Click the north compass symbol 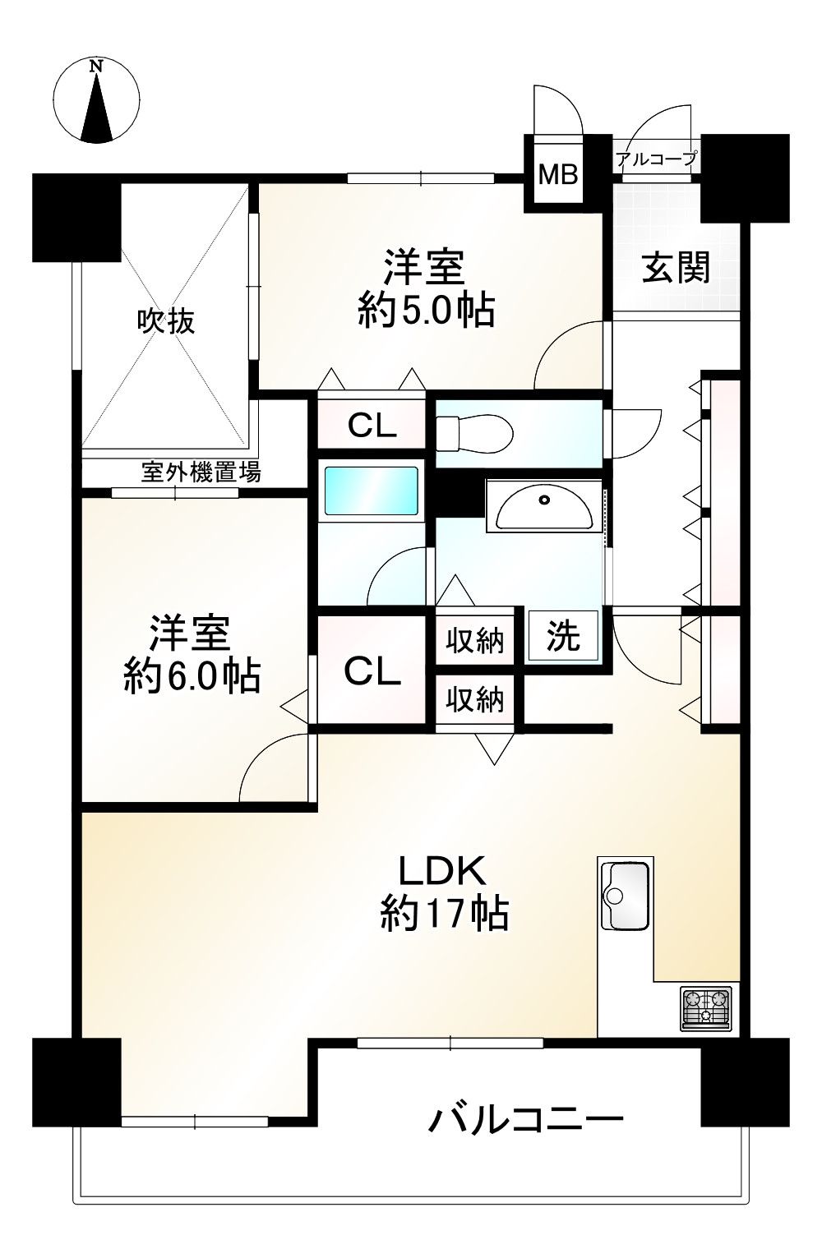[x=96, y=100]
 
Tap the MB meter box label [x=558, y=174]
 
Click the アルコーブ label [x=657, y=159]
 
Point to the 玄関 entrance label [x=676, y=268]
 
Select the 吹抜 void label [x=166, y=321]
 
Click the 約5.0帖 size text [x=426, y=311]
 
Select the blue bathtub [x=371, y=491]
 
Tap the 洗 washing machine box [x=564, y=635]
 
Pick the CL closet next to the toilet [x=372, y=426]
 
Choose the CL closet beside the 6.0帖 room [x=372, y=671]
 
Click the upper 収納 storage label [x=475, y=640]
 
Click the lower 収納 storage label [x=475, y=700]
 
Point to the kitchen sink [x=627, y=896]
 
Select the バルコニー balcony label [x=526, y=1119]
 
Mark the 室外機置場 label [x=201, y=472]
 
